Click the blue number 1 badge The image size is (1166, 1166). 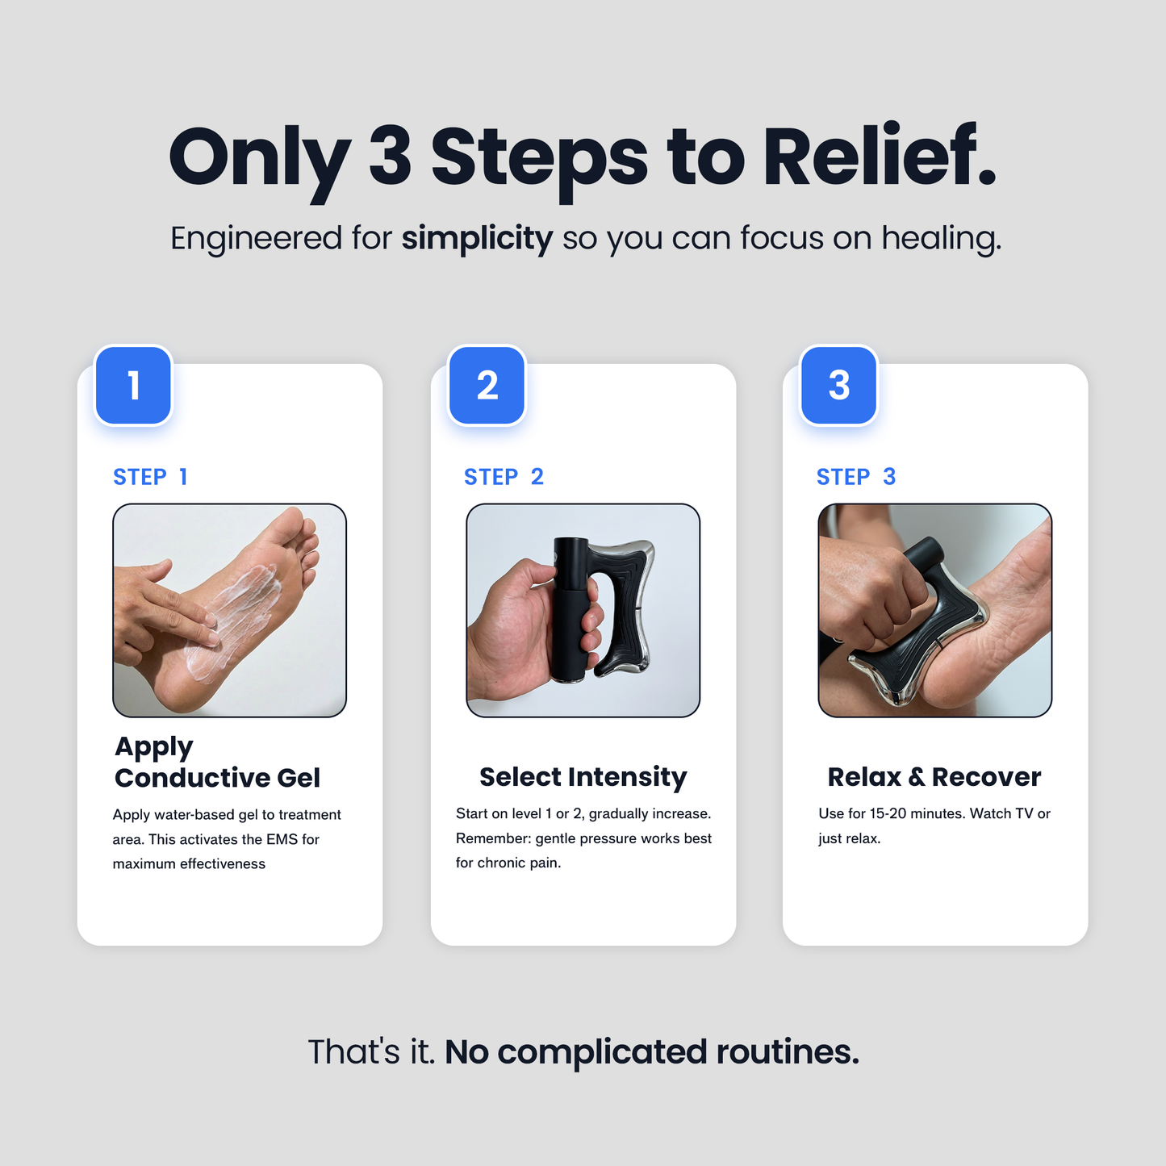[x=133, y=385]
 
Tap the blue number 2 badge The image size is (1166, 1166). [x=487, y=385]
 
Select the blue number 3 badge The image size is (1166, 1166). [x=838, y=385]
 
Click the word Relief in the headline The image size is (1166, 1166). [x=880, y=157]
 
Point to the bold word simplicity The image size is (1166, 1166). [x=477, y=238]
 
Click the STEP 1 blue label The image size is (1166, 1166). [x=150, y=477]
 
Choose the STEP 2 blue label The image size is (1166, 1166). [x=504, y=477]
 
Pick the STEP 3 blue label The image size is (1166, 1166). [x=856, y=477]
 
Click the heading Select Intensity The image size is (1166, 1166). [x=583, y=776]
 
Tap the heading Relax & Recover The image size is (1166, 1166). [x=934, y=776]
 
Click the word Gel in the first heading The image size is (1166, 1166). [x=299, y=778]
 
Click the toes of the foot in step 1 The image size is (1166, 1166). [x=303, y=537]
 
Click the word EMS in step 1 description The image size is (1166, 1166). [x=282, y=839]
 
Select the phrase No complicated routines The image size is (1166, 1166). [x=652, y=1052]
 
